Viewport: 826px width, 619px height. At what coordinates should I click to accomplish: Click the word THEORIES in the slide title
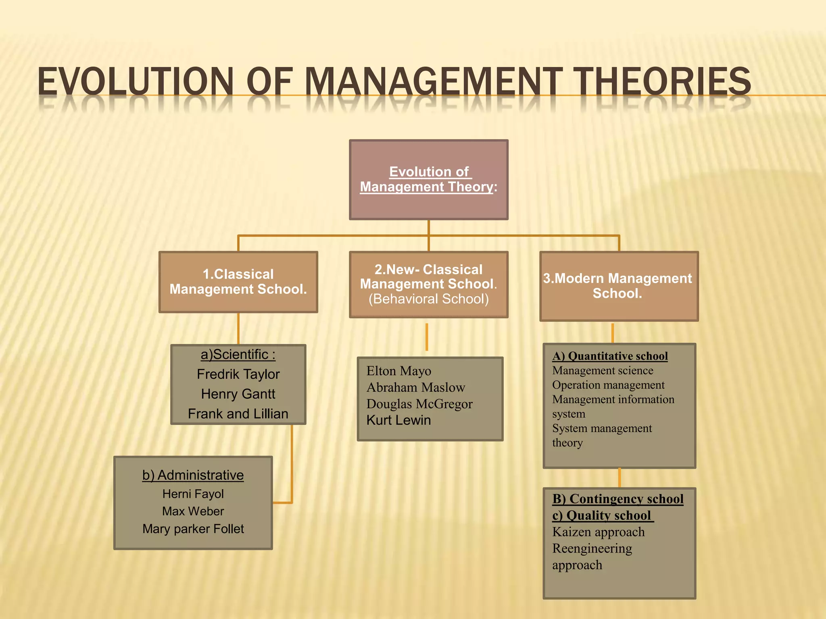tap(662, 82)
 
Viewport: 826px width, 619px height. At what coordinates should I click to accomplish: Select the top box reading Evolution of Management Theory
tap(428, 180)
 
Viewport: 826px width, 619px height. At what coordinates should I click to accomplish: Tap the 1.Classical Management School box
tap(238, 282)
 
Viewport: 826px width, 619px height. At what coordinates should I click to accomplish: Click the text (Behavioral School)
tap(428, 299)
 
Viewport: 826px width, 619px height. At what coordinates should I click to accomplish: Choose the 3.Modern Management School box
tap(619, 286)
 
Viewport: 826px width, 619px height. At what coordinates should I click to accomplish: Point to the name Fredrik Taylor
tap(238, 374)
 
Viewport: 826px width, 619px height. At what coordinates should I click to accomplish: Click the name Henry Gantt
tap(238, 394)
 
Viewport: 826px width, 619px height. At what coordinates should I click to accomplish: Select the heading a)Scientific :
tap(238, 355)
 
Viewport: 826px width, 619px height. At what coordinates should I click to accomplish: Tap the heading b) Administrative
tap(193, 475)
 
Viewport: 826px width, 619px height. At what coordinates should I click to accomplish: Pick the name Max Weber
tap(193, 511)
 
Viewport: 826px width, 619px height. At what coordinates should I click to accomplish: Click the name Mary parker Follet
tap(193, 529)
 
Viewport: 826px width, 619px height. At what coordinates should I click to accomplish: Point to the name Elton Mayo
tap(398, 371)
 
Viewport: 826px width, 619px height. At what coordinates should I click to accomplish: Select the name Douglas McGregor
tap(419, 404)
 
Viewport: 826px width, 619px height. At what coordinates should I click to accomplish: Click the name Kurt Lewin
tap(398, 420)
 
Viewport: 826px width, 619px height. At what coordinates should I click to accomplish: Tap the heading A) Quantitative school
tap(610, 356)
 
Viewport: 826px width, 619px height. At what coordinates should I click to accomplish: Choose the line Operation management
tap(608, 385)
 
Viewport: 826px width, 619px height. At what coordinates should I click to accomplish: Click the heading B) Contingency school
tap(618, 499)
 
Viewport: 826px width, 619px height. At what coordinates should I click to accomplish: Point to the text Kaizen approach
tap(599, 532)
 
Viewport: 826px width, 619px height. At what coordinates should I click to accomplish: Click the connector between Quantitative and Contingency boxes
tap(619, 478)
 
